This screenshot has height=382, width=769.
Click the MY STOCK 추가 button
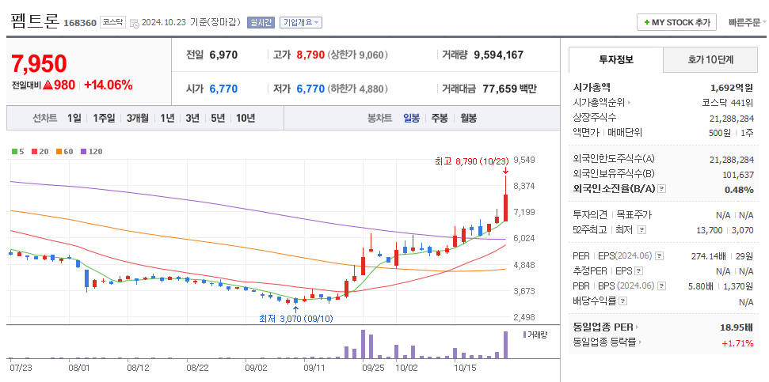point(676,22)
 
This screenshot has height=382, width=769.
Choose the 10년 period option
point(246,118)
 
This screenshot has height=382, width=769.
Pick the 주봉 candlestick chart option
point(439,118)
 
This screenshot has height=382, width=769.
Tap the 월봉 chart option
point(468,118)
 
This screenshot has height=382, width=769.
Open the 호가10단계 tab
point(710,59)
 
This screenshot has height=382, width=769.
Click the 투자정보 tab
point(615,59)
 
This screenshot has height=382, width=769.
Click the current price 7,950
point(39,64)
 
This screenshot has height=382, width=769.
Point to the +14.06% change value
point(108,85)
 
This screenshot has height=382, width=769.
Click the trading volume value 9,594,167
point(498,55)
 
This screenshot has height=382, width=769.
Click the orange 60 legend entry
point(65,151)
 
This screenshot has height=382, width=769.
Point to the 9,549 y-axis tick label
point(524,160)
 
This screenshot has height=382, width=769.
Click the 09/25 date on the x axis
point(372,367)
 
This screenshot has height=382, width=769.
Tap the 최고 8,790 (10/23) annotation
point(471,161)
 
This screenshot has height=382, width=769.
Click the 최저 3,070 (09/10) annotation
point(295,318)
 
